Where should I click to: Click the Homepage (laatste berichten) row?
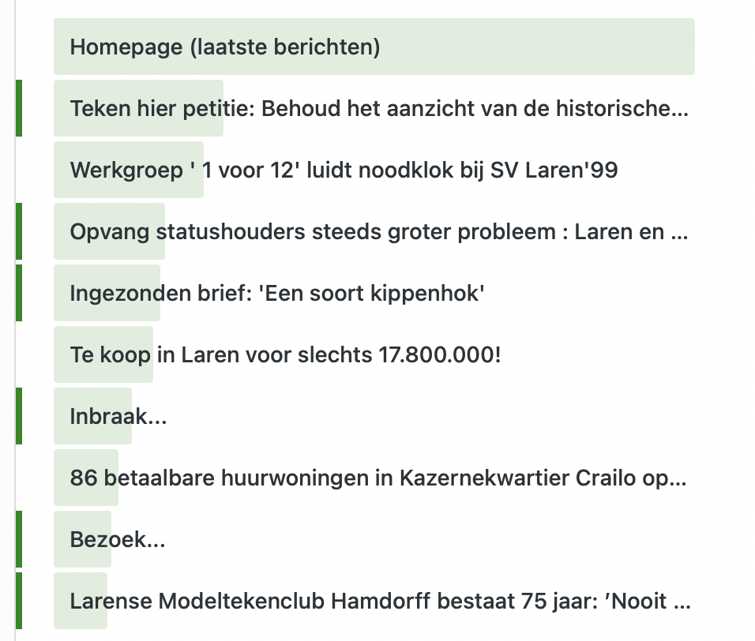(x=225, y=47)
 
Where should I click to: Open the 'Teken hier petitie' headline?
(x=378, y=108)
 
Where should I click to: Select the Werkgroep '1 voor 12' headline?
(x=344, y=170)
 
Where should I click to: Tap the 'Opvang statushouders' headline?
(x=378, y=232)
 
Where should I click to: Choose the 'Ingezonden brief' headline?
(x=277, y=294)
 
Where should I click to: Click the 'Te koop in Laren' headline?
(x=285, y=355)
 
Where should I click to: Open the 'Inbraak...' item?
(x=118, y=417)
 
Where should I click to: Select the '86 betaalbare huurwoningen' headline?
(x=378, y=478)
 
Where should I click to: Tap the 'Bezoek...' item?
(x=118, y=540)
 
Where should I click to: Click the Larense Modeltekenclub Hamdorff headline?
(x=380, y=602)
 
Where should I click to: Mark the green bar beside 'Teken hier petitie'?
(x=18, y=108)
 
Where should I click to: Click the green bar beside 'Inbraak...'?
(x=18, y=416)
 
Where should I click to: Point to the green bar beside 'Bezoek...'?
(x=18, y=539)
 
